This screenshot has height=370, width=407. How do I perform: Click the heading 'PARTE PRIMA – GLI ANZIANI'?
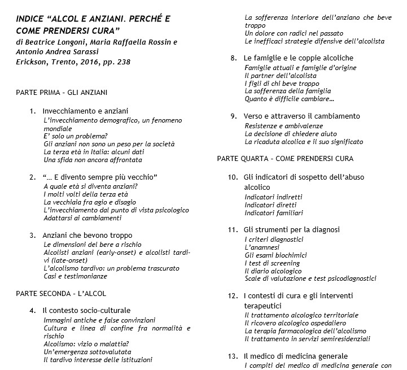62,92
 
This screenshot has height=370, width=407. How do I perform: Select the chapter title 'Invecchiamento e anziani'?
85,111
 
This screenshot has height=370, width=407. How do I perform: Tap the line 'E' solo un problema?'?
75,136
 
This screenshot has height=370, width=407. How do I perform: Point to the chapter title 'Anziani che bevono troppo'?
87,235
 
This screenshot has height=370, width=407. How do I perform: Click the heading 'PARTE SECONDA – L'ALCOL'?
61,293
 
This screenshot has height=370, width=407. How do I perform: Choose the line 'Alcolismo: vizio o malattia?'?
86,343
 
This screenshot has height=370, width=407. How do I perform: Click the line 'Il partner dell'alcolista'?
281,76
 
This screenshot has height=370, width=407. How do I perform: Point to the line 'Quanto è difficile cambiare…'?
289,99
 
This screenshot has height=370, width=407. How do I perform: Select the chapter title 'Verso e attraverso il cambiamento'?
301,116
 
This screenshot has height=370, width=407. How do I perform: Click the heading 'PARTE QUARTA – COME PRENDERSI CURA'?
286,158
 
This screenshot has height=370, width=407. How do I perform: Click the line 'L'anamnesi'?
263,247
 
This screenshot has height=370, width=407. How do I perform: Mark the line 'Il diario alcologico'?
273,271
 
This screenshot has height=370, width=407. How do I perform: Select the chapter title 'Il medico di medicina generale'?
296,356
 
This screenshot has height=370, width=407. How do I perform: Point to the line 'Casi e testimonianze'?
75,276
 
